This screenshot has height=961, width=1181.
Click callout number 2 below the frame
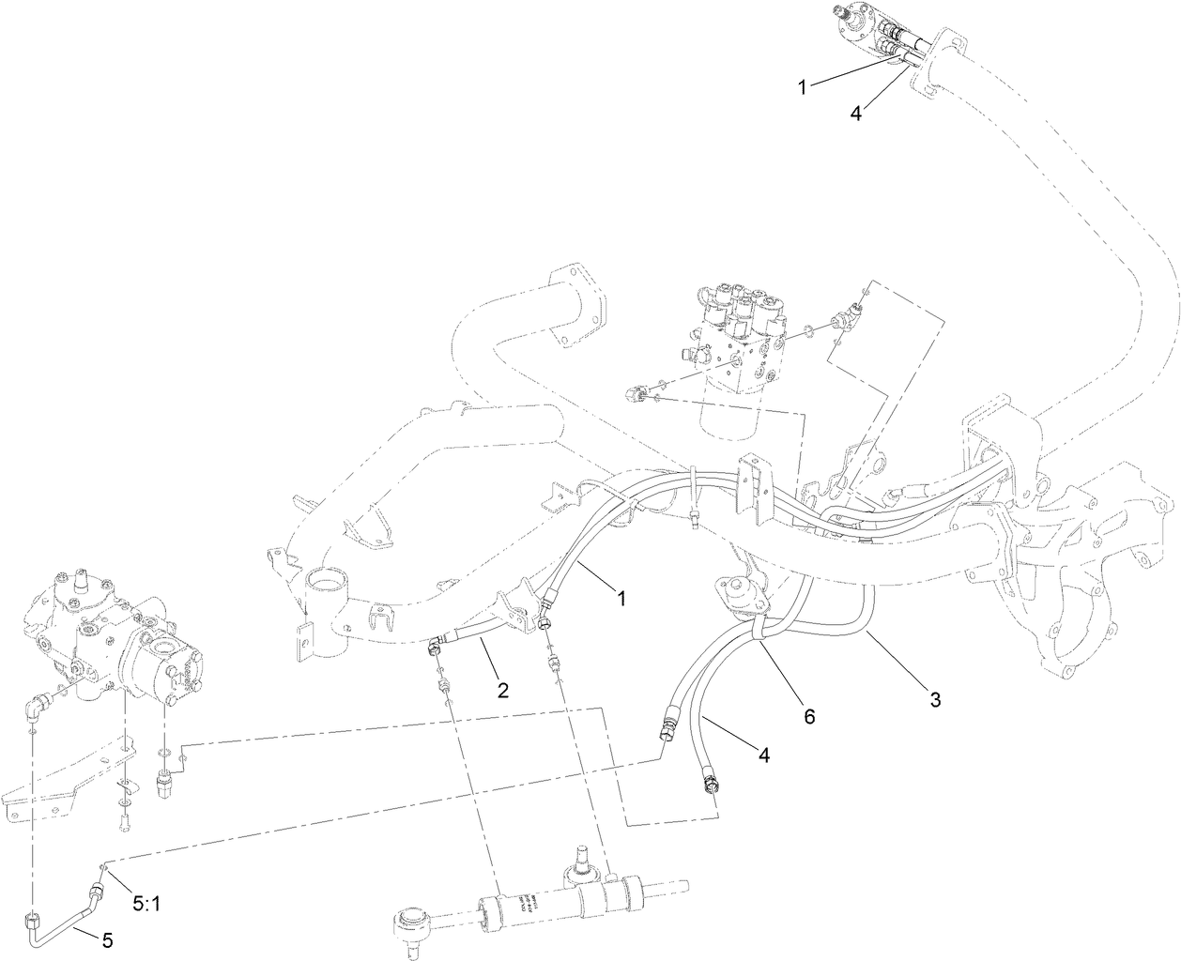[x=503, y=691]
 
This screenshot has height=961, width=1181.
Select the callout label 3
[x=935, y=699]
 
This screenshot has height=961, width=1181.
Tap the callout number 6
[x=809, y=716]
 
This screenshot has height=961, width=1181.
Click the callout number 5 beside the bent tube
[x=107, y=940]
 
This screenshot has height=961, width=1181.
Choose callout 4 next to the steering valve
[x=855, y=112]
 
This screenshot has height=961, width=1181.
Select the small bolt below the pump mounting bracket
[x=126, y=823]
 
